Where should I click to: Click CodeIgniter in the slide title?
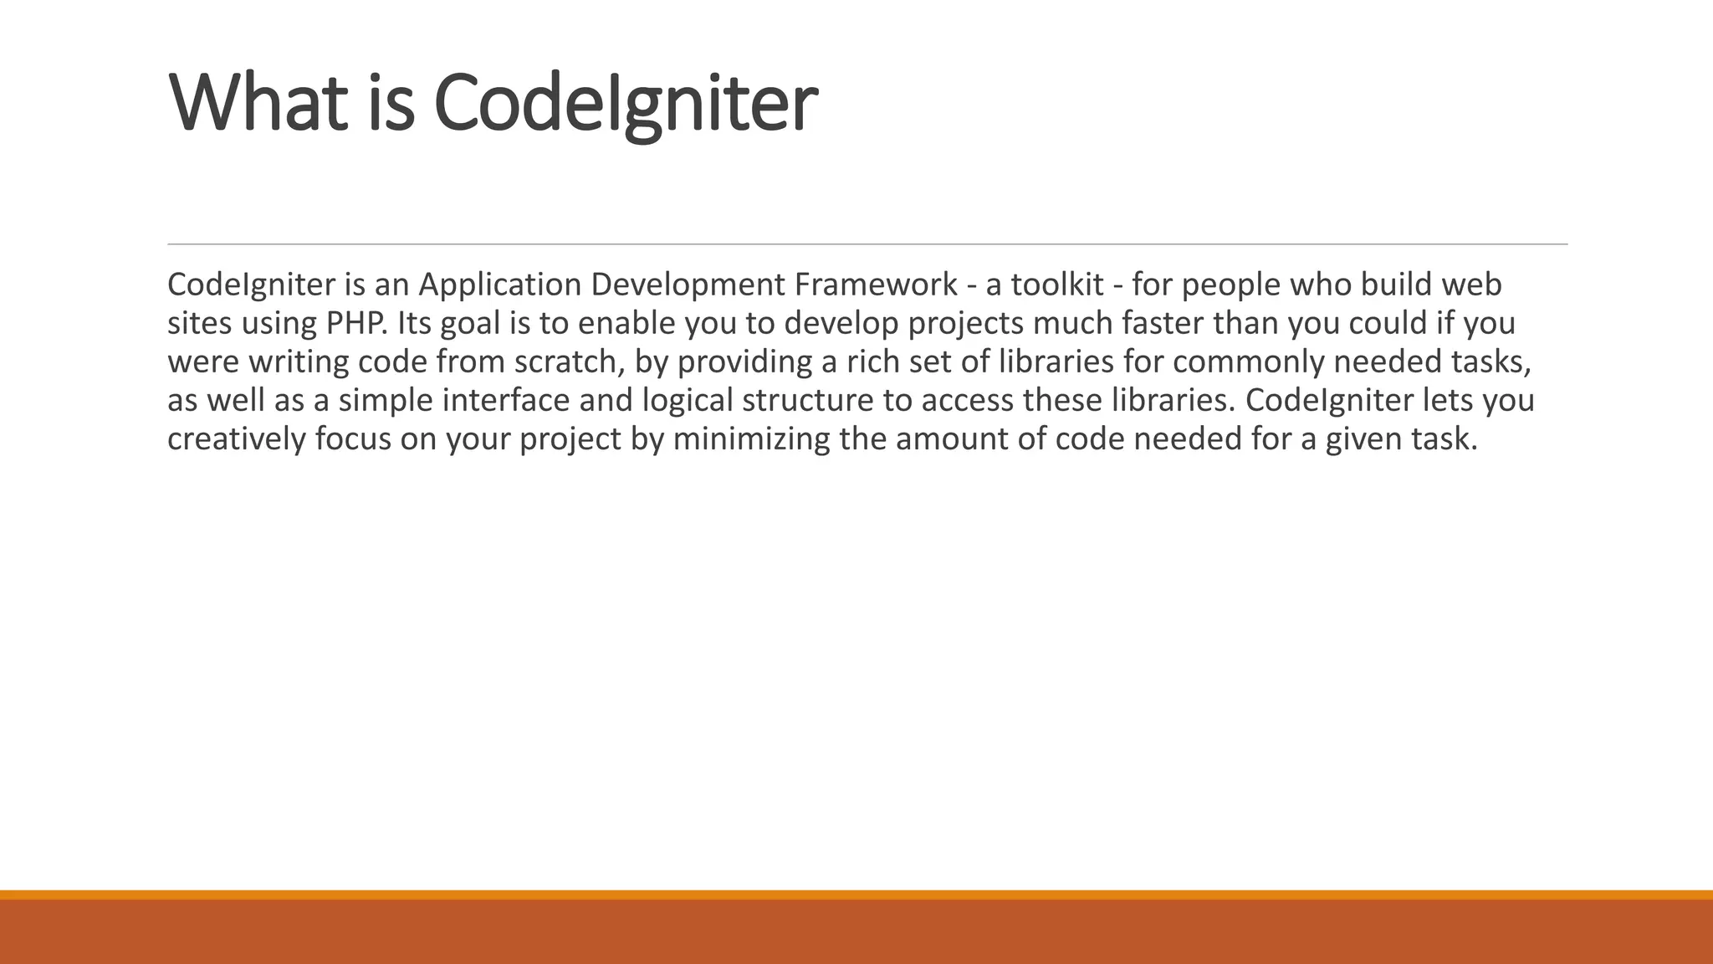pyautogui.click(x=625, y=103)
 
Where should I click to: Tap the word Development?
pyautogui.click(x=687, y=285)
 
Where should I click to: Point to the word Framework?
pyautogui.click(x=876, y=285)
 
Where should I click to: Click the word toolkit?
pyautogui.click(x=1057, y=285)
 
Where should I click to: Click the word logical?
pyautogui.click(x=688, y=401)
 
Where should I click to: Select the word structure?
pyautogui.click(x=807, y=401)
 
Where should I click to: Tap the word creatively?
pyautogui.click(x=237, y=439)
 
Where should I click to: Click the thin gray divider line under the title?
pyautogui.click(x=867, y=244)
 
